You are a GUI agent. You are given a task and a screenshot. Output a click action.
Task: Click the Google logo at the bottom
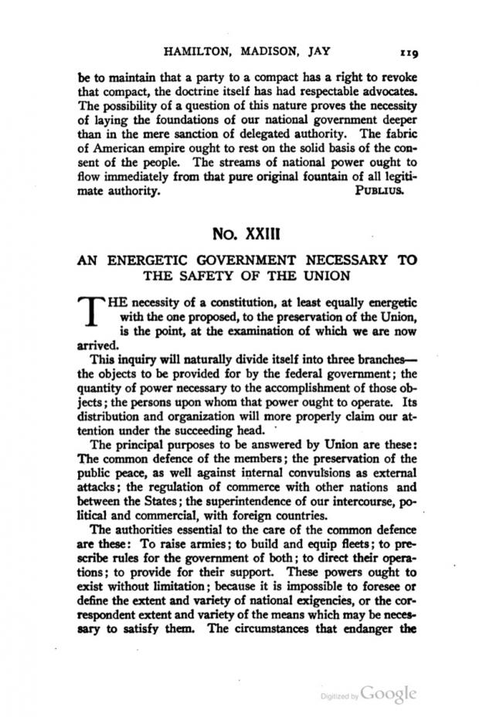(x=388, y=692)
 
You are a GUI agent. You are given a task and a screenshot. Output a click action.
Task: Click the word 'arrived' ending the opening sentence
(x=97, y=345)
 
